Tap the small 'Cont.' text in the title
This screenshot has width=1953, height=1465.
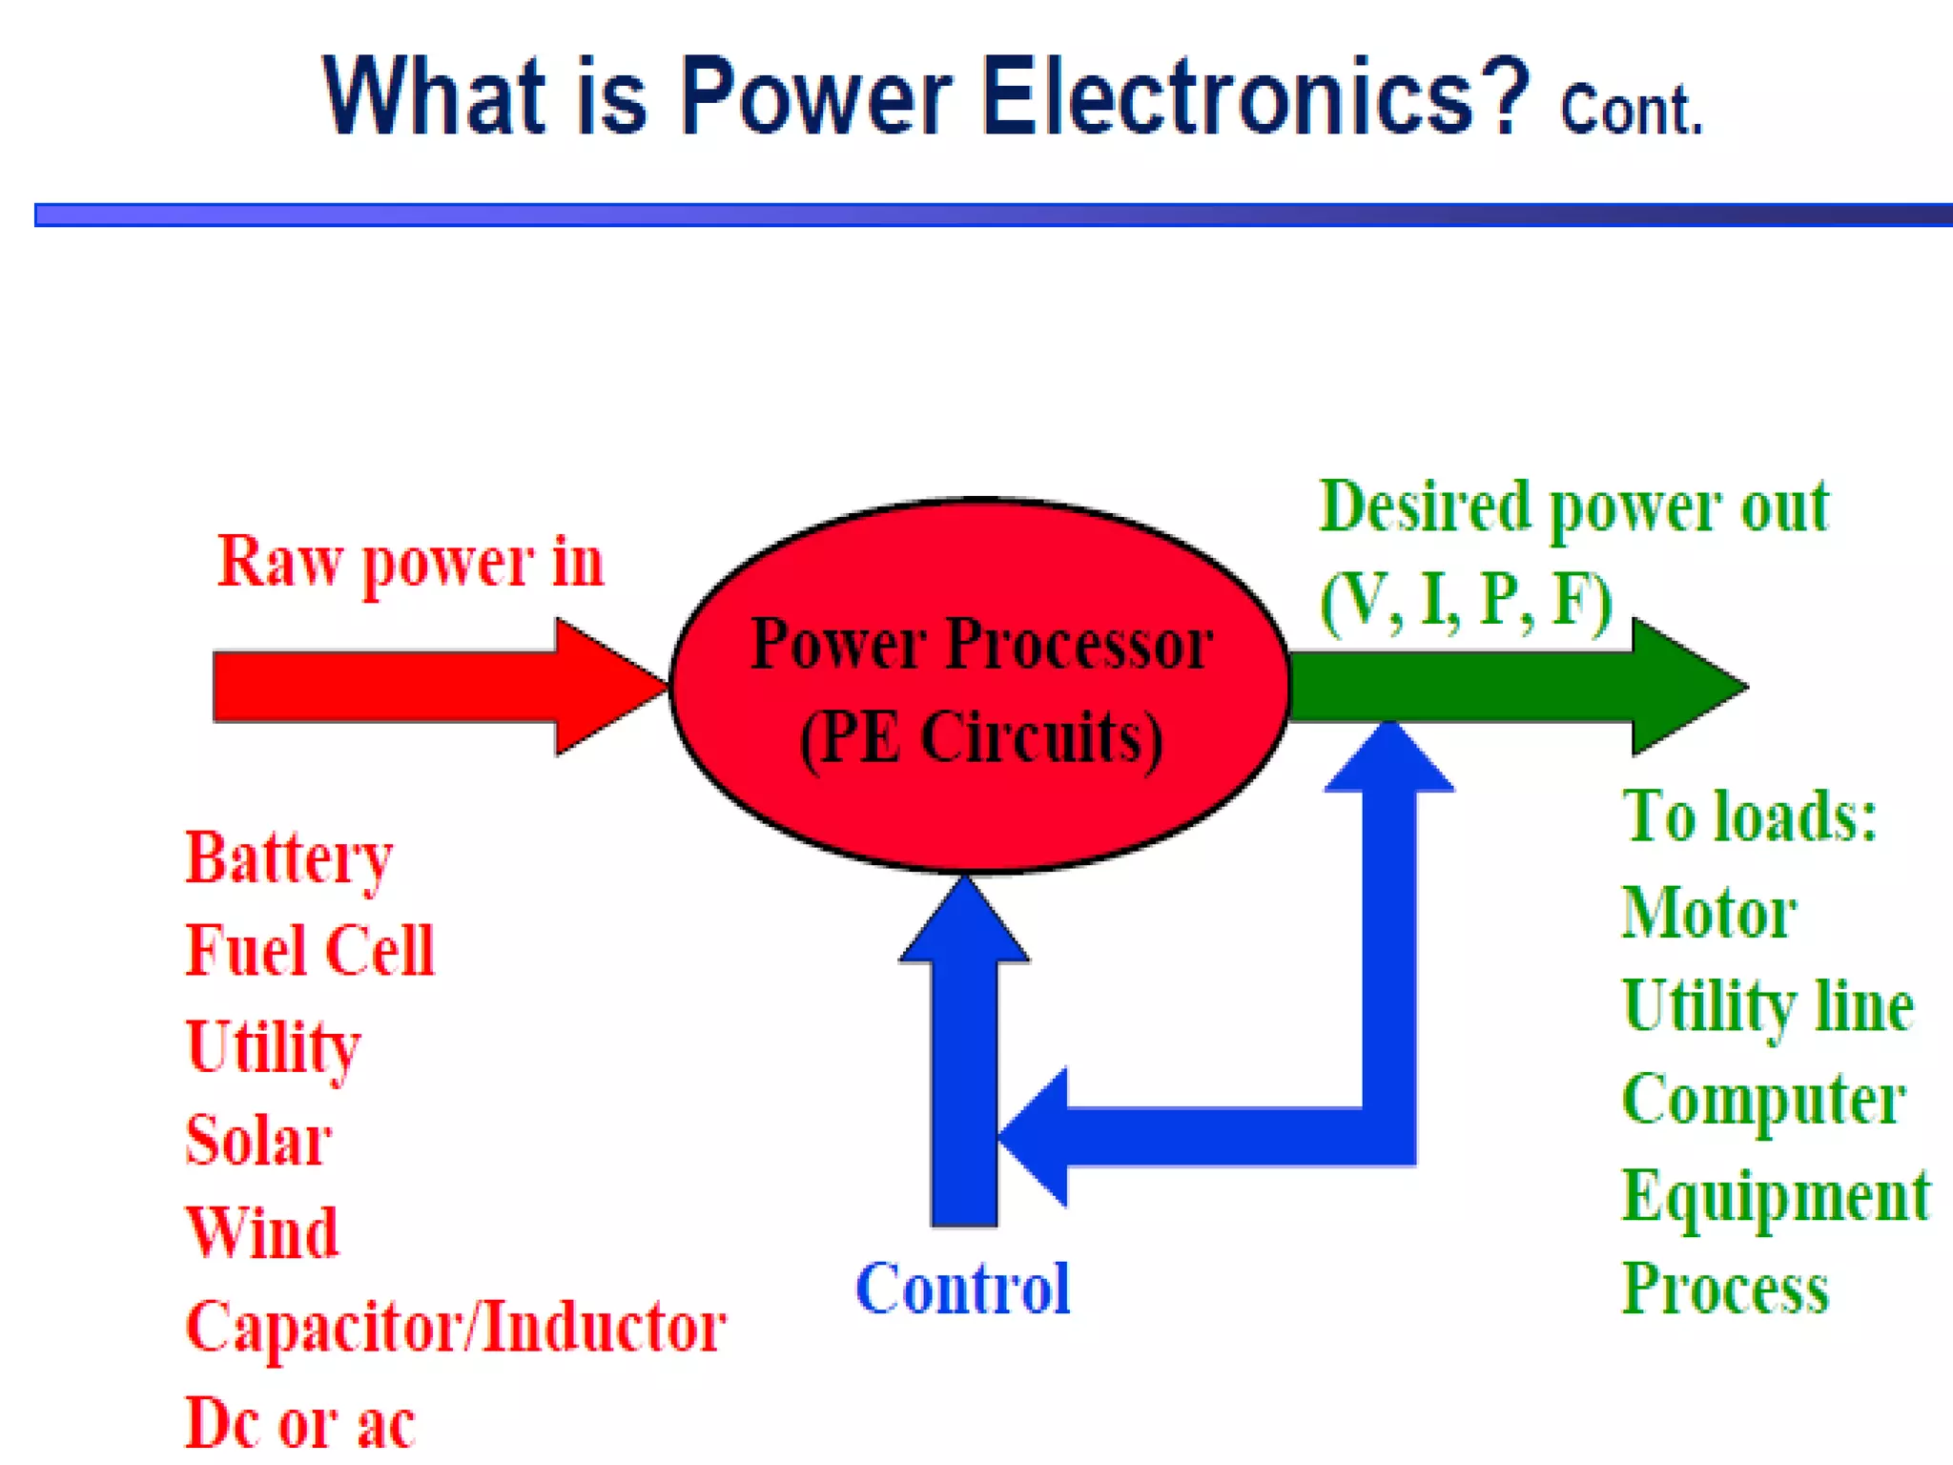tap(1631, 111)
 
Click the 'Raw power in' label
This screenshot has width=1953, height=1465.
tap(410, 563)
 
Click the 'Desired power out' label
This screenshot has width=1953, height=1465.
tap(1573, 508)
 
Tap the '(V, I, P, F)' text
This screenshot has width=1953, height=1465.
tap(1466, 601)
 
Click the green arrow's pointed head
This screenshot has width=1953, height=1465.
tap(1688, 687)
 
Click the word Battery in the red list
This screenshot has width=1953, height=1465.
tap(289, 858)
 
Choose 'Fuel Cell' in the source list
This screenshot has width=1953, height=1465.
tap(310, 952)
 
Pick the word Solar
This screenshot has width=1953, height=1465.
tap(258, 1141)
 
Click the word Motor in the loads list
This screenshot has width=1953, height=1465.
tap(1709, 914)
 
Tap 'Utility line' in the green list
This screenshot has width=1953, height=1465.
tap(1767, 1007)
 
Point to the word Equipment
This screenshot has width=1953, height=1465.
tap(1776, 1196)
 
